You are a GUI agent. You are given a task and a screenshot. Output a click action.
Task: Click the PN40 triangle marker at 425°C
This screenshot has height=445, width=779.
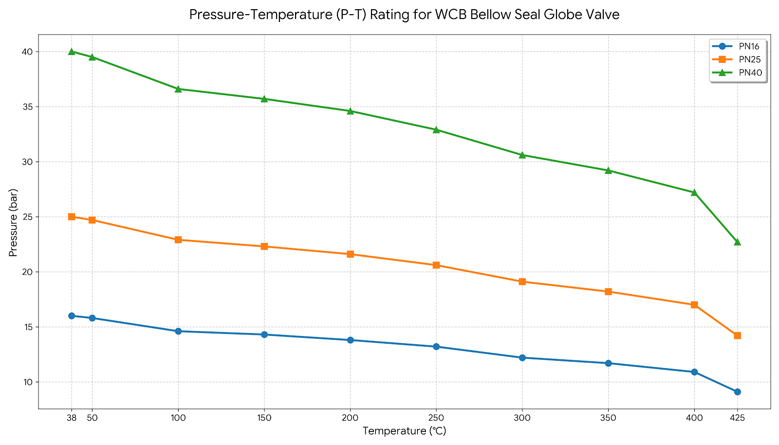(x=737, y=242)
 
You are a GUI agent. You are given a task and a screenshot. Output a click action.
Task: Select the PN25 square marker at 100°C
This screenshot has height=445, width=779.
(x=178, y=240)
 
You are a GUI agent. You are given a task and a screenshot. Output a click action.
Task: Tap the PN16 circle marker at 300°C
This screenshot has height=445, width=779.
(x=522, y=357)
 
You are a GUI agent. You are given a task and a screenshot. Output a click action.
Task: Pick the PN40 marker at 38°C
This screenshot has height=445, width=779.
(x=72, y=52)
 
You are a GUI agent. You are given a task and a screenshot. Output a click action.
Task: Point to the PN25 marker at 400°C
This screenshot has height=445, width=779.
(x=694, y=305)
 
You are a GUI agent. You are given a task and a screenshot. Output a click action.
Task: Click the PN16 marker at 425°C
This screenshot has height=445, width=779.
(x=737, y=392)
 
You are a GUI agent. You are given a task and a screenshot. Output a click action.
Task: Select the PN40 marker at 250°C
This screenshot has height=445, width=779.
(x=436, y=130)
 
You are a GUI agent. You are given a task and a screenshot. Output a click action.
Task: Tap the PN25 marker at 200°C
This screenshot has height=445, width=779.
(x=350, y=254)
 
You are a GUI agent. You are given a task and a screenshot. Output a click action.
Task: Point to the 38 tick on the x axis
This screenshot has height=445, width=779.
(x=72, y=418)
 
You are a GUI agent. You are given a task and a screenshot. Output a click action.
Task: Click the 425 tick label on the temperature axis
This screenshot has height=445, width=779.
(x=737, y=418)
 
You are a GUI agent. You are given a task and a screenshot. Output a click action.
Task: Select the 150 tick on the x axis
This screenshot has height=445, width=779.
(x=264, y=418)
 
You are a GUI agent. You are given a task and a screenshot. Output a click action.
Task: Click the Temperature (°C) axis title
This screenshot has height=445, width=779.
(x=404, y=431)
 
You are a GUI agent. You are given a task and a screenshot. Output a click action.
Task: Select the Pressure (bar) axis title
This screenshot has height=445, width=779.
(x=14, y=222)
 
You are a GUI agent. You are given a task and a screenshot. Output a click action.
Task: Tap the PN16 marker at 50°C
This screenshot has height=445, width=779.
(x=92, y=318)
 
